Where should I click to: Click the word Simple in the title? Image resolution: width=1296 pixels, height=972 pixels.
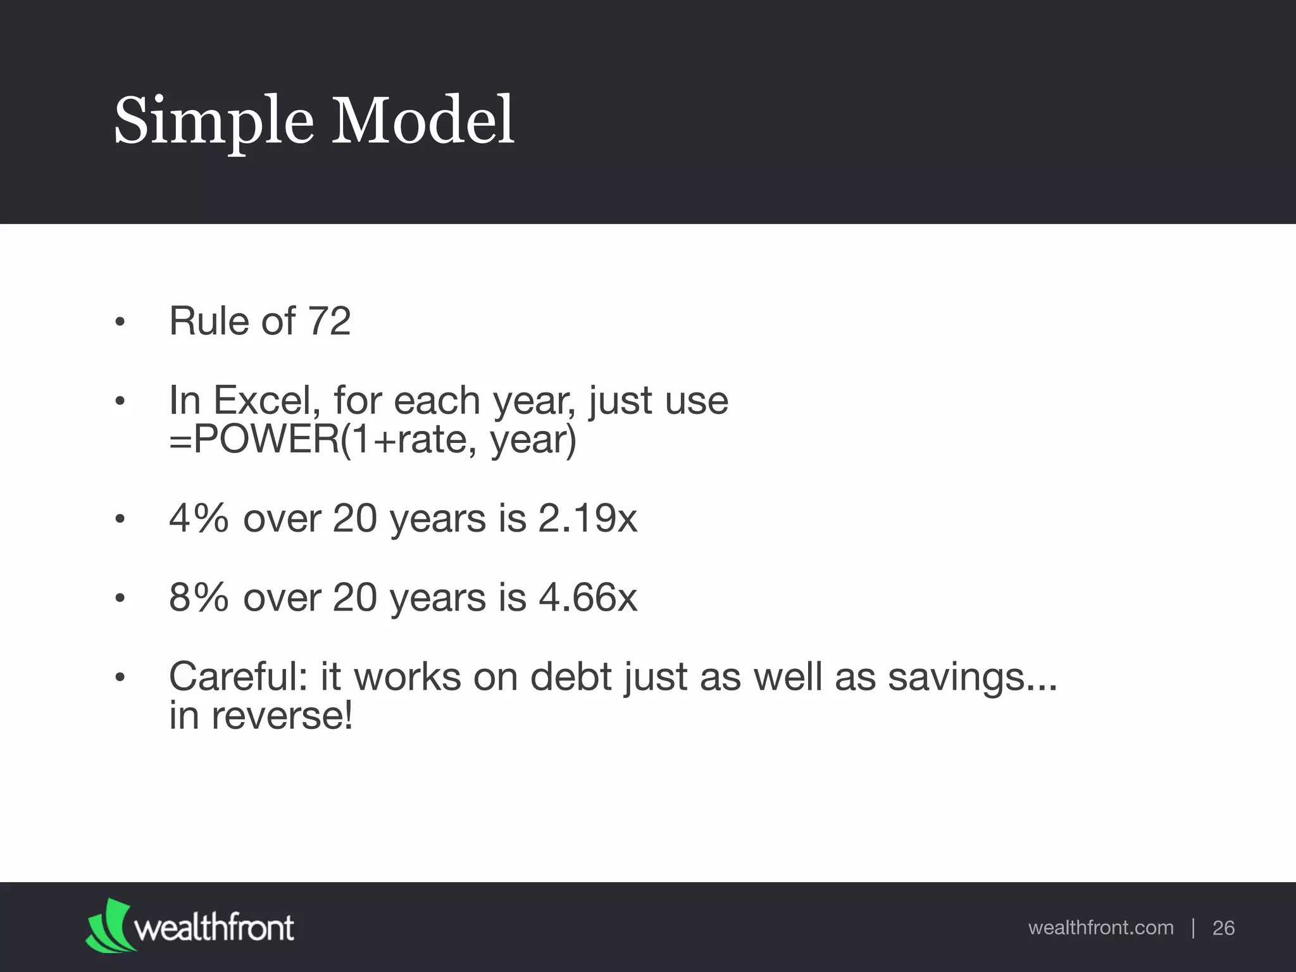click(213, 121)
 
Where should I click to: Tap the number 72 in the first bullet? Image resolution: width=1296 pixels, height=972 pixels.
click(328, 321)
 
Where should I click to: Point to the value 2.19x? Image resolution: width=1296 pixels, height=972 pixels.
click(587, 518)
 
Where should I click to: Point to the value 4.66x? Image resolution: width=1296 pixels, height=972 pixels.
click(587, 597)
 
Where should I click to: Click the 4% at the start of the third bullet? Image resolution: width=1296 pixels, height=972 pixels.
click(199, 518)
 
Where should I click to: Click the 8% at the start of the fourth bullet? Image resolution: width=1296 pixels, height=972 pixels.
click(199, 597)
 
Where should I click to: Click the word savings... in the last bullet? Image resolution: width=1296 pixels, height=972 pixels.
click(972, 676)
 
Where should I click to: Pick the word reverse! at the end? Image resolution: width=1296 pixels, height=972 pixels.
click(282, 716)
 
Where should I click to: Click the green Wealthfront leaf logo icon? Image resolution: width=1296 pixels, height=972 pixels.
click(108, 925)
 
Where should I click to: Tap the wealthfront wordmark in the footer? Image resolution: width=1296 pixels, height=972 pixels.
click(214, 928)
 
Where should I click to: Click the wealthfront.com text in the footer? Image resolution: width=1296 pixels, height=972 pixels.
click(1100, 928)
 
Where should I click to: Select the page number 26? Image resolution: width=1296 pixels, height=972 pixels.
click(1223, 928)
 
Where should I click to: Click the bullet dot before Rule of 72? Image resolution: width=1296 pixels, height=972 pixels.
click(120, 323)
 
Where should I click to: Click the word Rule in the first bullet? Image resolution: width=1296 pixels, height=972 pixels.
click(209, 321)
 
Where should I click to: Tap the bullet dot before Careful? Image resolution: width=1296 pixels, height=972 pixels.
click(120, 678)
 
